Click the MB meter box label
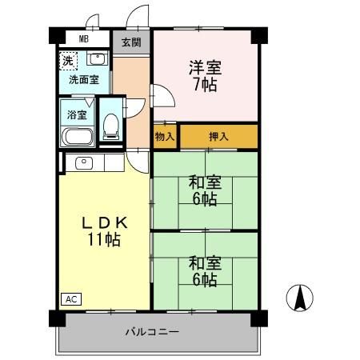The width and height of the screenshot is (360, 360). (x=83, y=38)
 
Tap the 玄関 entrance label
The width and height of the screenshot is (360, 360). (x=131, y=42)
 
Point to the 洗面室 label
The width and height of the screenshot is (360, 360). (x=83, y=79)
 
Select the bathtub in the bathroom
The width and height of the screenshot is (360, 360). (x=77, y=135)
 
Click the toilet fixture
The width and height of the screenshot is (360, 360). (x=111, y=125)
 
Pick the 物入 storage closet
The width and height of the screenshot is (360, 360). (x=164, y=137)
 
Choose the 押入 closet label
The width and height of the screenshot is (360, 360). (x=218, y=137)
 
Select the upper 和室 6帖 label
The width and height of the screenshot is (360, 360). (x=203, y=190)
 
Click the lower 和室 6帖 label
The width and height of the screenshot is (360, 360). (x=203, y=270)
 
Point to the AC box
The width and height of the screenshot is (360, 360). (x=71, y=299)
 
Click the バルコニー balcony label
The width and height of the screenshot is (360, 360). (x=151, y=331)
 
